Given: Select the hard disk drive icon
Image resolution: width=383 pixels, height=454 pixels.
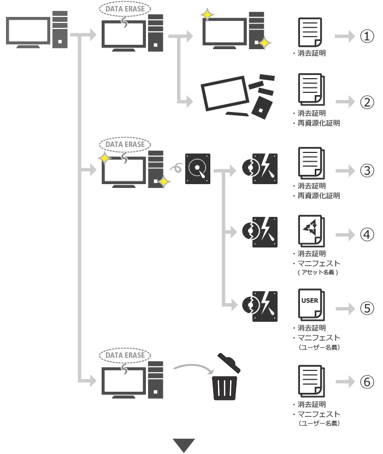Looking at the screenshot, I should coord(197,169).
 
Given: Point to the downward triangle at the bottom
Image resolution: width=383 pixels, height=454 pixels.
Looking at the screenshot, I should coord(184,445).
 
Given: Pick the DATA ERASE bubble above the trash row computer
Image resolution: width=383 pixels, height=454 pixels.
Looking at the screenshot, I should coord(125,355).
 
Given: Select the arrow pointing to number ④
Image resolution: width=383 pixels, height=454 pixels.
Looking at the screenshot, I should coord(345,235).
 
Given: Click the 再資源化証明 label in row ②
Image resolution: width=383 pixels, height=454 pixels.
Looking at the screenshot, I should coord(319,123).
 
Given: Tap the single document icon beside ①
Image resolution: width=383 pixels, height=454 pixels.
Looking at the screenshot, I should coord(310,33).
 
